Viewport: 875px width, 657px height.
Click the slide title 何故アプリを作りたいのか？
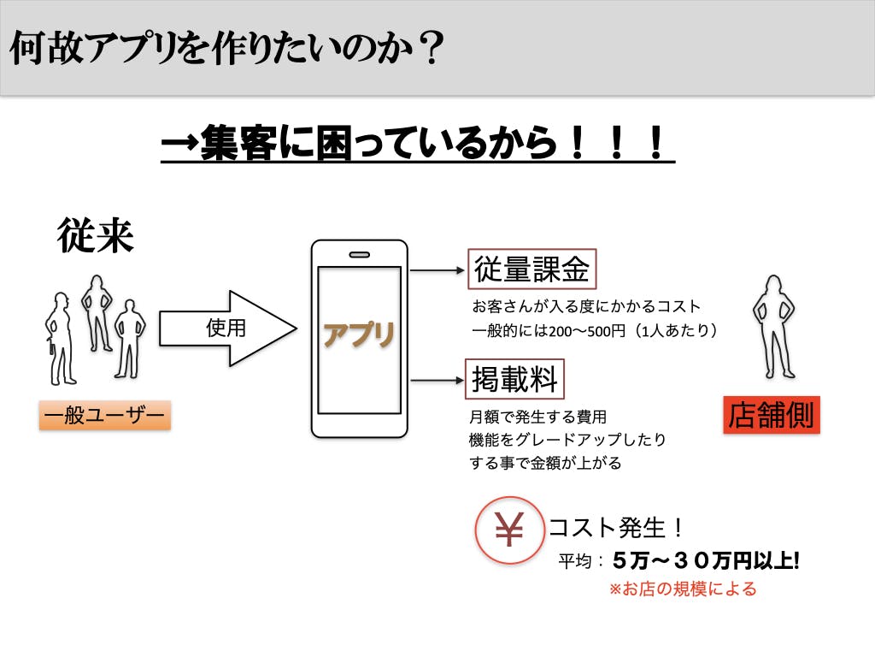(x=227, y=49)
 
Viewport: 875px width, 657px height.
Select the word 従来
(x=96, y=234)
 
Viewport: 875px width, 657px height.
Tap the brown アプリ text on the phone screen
(x=359, y=334)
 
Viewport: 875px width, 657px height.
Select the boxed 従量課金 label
(x=531, y=269)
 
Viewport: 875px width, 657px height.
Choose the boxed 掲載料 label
(x=514, y=380)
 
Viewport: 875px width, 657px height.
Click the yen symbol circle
(x=509, y=531)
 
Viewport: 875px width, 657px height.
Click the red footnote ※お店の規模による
(x=682, y=589)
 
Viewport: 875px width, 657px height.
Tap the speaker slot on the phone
(x=359, y=254)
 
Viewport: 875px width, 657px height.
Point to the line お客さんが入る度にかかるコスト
(x=585, y=306)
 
